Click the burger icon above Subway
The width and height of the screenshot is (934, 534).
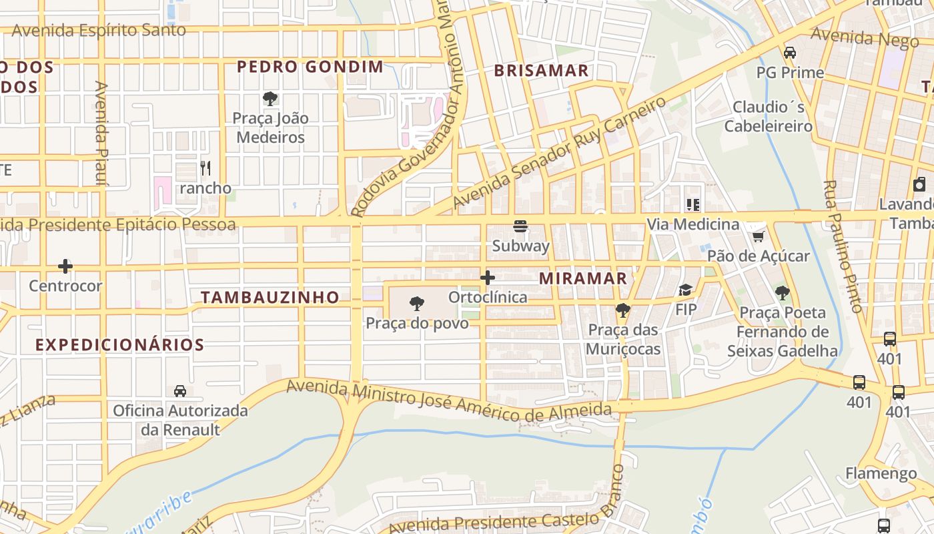[520, 226]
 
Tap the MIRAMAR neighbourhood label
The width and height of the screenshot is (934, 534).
[583, 278]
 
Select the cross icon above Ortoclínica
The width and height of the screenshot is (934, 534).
[488, 278]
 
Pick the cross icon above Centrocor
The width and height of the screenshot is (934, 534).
[65, 266]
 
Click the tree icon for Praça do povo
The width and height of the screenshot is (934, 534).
[417, 304]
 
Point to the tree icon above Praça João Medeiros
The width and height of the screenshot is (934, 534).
[270, 99]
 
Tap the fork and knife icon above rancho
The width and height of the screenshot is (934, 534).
[205, 168]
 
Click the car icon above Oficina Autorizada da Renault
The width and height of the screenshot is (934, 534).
[180, 390]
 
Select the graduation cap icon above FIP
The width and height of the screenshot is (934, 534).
[685, 290]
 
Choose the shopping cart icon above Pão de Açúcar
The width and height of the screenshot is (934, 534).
[758, 236]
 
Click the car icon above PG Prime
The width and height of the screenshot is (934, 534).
[790, 53]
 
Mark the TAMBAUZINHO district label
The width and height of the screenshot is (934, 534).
[270, 298]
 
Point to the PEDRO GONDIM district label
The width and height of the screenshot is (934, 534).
[310, 67]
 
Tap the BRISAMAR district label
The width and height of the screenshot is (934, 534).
[541, 71]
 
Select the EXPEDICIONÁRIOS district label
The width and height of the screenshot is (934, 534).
[119, 345]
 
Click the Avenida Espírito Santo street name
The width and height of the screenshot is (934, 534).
[99, 31]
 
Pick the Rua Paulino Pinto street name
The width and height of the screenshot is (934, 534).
[843, 246]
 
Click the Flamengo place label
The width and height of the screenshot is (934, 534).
[881, 474]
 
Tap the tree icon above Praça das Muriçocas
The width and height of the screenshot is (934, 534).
[623, 310]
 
